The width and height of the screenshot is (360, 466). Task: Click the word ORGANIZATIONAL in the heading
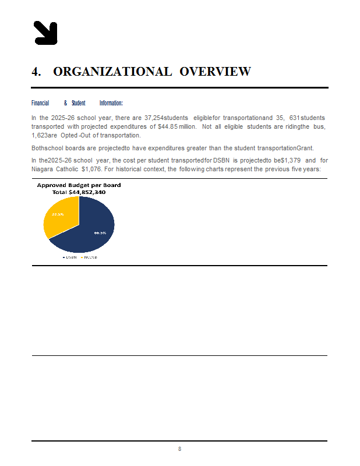click(x=112, y=72)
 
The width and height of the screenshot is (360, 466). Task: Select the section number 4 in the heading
click(x=36, y=72)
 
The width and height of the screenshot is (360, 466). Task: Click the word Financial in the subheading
click(x=40, y=103)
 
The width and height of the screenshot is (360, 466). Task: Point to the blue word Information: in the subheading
click(x=111, y=103)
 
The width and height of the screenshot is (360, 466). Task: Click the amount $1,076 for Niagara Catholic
click(x=87, y=170)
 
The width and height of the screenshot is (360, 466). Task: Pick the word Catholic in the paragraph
click(x=65, y=170)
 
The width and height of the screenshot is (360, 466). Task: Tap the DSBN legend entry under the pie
click(x=70, y=257)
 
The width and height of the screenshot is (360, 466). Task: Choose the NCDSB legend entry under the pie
click(x=89, y=257)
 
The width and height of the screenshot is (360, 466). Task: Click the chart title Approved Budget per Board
click(x=79, y=185)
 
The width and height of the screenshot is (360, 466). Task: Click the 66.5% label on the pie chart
click(x=100, y=232)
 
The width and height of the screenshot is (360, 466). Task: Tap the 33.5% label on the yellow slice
click(x=58, y=214)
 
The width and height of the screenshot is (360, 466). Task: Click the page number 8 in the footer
click(x=179, y=449)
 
